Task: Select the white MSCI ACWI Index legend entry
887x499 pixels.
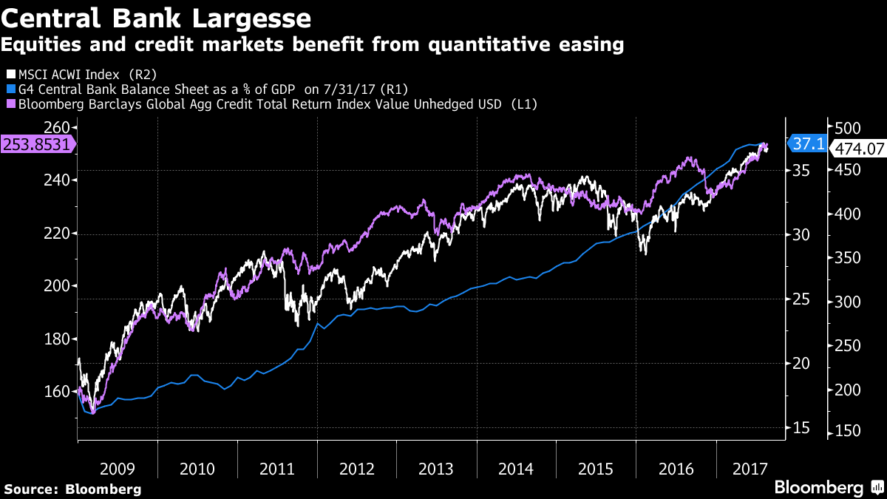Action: [81, 74]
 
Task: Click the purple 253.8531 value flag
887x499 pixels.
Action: [38, 144]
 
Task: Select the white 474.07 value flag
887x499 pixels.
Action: [858, 148]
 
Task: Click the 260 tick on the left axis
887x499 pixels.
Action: [58, 126]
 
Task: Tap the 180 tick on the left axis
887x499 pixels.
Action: [58, 339]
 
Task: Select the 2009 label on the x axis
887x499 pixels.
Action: [117, 469]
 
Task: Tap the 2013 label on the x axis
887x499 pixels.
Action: [436, 469]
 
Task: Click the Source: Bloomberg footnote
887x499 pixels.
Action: [72, 489]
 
